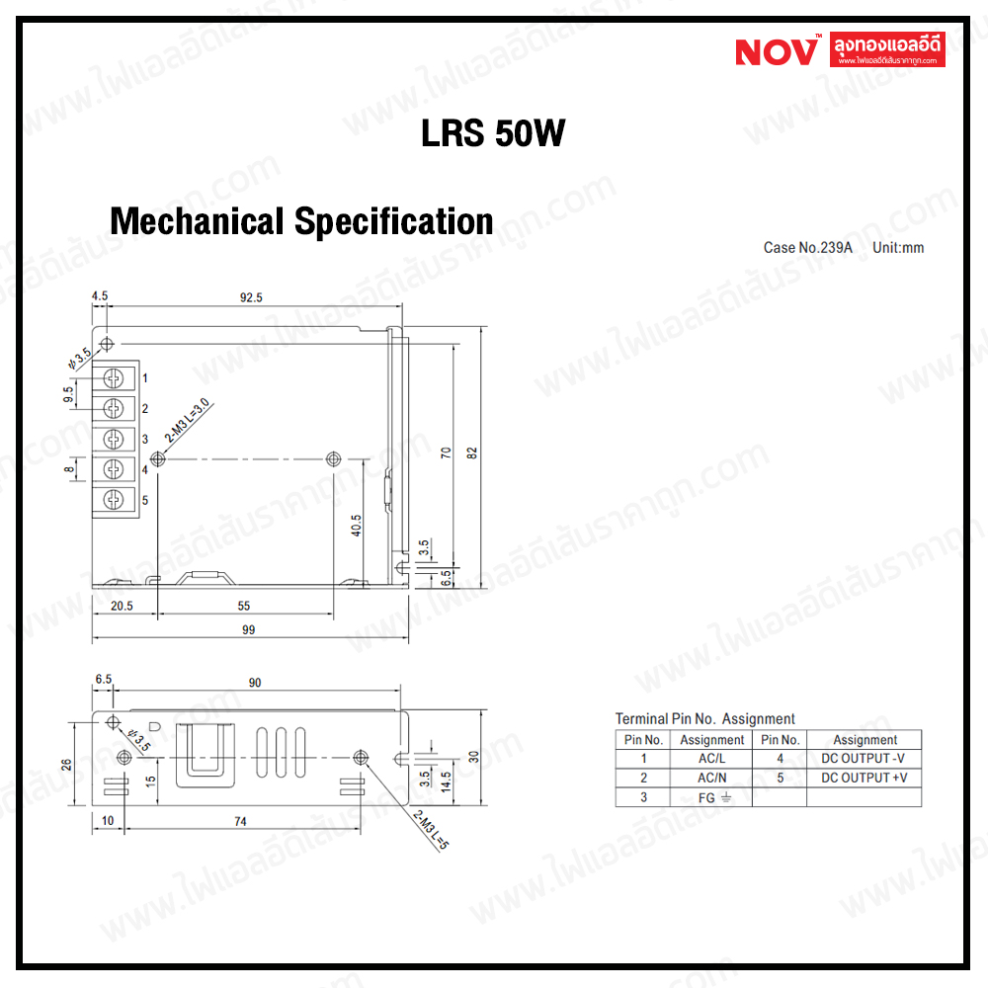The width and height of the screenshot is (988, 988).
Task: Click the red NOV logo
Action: click(x=777, y=49)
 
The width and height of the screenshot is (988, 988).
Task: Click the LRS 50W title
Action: click(x=493, y=134)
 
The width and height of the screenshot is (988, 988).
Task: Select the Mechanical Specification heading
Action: click(x=301, y=221)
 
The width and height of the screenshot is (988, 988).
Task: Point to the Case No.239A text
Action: click(x=807, y=247)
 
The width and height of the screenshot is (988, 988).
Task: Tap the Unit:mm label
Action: click(x=898, y=247)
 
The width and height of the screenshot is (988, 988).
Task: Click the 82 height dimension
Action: click(x=472, y=452)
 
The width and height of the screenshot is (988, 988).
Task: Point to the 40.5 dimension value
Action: click(x=356, y=526)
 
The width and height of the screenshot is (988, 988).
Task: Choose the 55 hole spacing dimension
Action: click(x=244, y=606)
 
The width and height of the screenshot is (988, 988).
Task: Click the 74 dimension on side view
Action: click(x=239, y=821)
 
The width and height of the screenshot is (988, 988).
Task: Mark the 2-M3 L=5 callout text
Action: click(x=431, y=830)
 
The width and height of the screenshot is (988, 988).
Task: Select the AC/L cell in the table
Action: click(x=711, y=759)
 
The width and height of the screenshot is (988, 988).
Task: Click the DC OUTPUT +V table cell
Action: click(x=864, y=778)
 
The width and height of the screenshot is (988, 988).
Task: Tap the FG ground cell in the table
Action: click(x=711, y=796)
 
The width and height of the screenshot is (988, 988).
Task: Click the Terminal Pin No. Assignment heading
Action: click(x=704, y=718)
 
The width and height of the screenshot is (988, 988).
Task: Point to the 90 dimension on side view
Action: click(x=254, y=683)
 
